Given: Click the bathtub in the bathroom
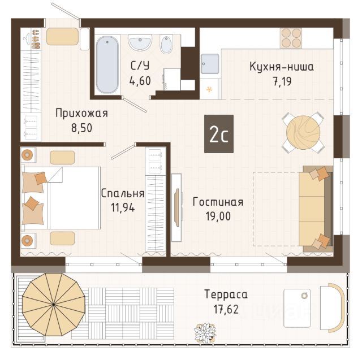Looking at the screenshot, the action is (x=107, y=65).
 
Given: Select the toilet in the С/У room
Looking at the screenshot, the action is (x=166, y=45).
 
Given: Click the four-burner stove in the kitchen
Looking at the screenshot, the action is (x=291, y=38).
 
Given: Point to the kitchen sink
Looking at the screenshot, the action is (x=210, y=64).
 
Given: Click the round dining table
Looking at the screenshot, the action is (x=303, y=132).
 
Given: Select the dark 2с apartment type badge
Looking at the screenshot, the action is (x=219, y=134).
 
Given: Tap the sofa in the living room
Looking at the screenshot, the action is (x=316, y=209).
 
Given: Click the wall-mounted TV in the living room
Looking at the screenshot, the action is (x=177, y=207).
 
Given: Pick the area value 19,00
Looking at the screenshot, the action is (x=218, y=216).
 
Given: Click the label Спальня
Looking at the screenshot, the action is (x=123, y=193).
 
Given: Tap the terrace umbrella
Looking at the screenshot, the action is (x=54, y=305).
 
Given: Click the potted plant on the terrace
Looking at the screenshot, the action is (x=205, y=333).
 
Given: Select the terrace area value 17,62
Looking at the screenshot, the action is (x=226, y=309).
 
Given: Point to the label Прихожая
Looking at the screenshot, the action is (x=81, y=113).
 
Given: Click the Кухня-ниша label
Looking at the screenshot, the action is (x=282, y=67).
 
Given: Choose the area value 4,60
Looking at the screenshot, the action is (x=140, y=81).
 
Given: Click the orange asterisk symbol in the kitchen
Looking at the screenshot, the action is (x=209, y=89).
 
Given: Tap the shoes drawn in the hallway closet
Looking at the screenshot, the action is (x=35, y=39).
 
